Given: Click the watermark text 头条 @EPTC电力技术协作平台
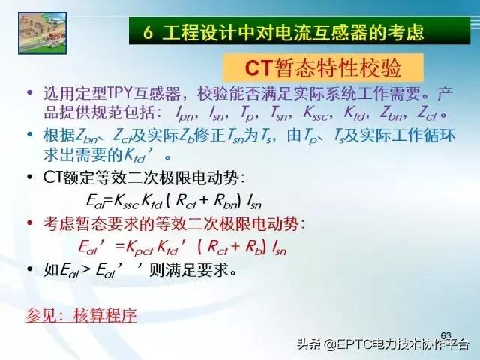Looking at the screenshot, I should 383,345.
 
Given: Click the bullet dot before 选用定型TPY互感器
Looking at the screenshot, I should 29,94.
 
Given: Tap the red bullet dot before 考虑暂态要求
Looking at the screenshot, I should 29,223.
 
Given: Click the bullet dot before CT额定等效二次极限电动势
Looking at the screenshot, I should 29,178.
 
